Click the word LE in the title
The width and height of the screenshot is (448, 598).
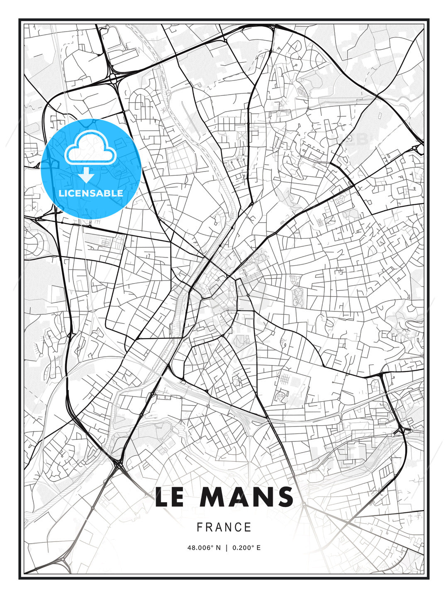[x=169, y=497]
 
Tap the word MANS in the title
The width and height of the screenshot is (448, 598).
[x=246, y=497]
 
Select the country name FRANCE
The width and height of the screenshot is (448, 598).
[x=224, y=527]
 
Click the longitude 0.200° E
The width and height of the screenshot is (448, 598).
[x=246, y=548]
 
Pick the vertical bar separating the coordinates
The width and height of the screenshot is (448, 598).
[x=226, y=548]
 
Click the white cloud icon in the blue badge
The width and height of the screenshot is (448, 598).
[x=90, y=148]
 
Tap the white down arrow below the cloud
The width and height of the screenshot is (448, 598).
[x=86, y=175]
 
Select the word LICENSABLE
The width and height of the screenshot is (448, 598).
[x=91, y=193]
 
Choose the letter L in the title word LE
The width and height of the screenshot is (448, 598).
[x=162, y=497]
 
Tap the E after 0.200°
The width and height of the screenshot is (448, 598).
[x=258, y=548]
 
